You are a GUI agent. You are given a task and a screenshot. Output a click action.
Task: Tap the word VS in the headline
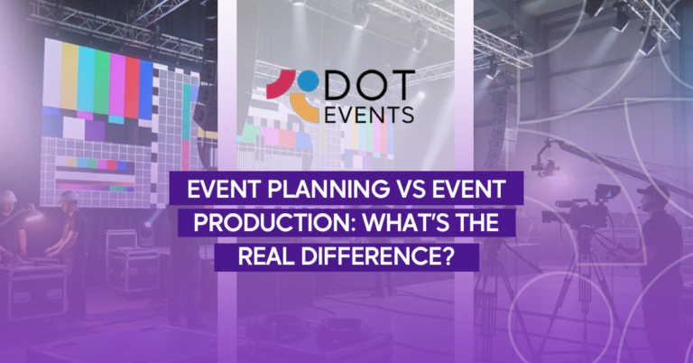(x=391, y=191)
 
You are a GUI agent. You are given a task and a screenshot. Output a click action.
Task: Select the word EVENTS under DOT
(x=370, y=114)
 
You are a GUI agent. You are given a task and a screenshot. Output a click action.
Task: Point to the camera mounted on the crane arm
(x=544, y=167)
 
